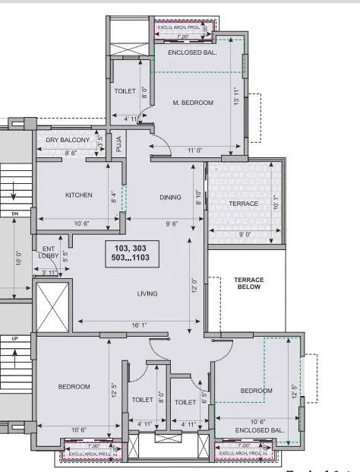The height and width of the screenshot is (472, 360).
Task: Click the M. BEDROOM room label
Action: [192, 103]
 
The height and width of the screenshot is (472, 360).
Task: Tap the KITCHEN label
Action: [78, 195]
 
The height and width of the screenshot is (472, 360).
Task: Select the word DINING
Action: [170, 198]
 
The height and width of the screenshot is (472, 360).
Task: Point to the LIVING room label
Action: [147, 293]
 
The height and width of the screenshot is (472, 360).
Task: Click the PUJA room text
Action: [119, 144]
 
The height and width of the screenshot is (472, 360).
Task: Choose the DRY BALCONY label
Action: [68, 140]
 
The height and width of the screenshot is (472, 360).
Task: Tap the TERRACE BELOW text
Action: [248, 284]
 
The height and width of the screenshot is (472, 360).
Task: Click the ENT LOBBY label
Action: [49, 252]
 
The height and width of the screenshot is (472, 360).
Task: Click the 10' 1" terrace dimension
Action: [275, 203]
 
